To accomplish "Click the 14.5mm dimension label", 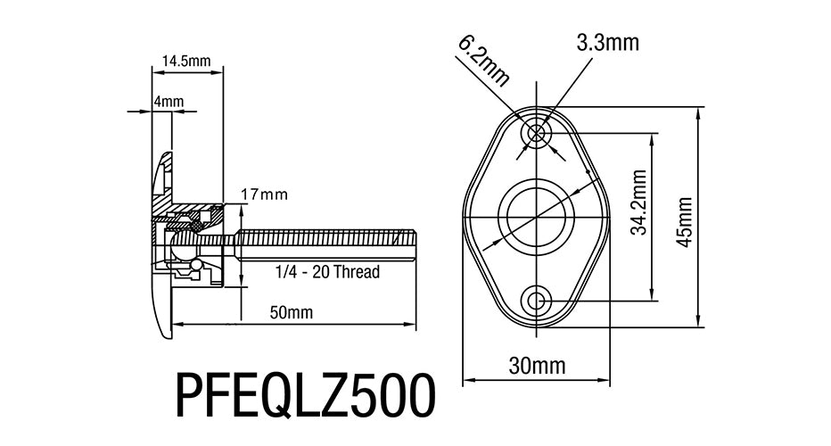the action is pyautogui.click(x=186, y=61).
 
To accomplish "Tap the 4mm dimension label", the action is pyautogui.click(x=169, y=102).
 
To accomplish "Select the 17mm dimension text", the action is pyautogui.click(x=264, y=194).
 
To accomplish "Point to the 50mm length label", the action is pyautogui.click(x=291, y=312).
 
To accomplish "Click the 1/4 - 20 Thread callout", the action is pyautogui.click(x=327, y=272).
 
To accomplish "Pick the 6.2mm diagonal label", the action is pyautogui.click(x=483, y=61).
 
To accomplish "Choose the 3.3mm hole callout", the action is pyautogui.click(x=608, y=43).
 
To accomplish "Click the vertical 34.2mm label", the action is pyautogui.click(x=639, y=202).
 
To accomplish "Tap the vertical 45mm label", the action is pyautogui.click(x=686, y=222).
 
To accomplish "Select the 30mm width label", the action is pyautogui.click(x=537, y=366).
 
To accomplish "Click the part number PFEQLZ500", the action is pyautogui.click(x=306, y=396).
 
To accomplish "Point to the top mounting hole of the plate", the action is pyautogui.click(x=537, y=133).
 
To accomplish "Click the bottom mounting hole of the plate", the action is pyautogui.click(x=537, y=301).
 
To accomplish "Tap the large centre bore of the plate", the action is pyautogui.click(x=537, y=217).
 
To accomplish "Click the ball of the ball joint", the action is pyautogui.click(x=184, y=245).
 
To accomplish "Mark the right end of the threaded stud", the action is pyautogui.click(x=415, y=245).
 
